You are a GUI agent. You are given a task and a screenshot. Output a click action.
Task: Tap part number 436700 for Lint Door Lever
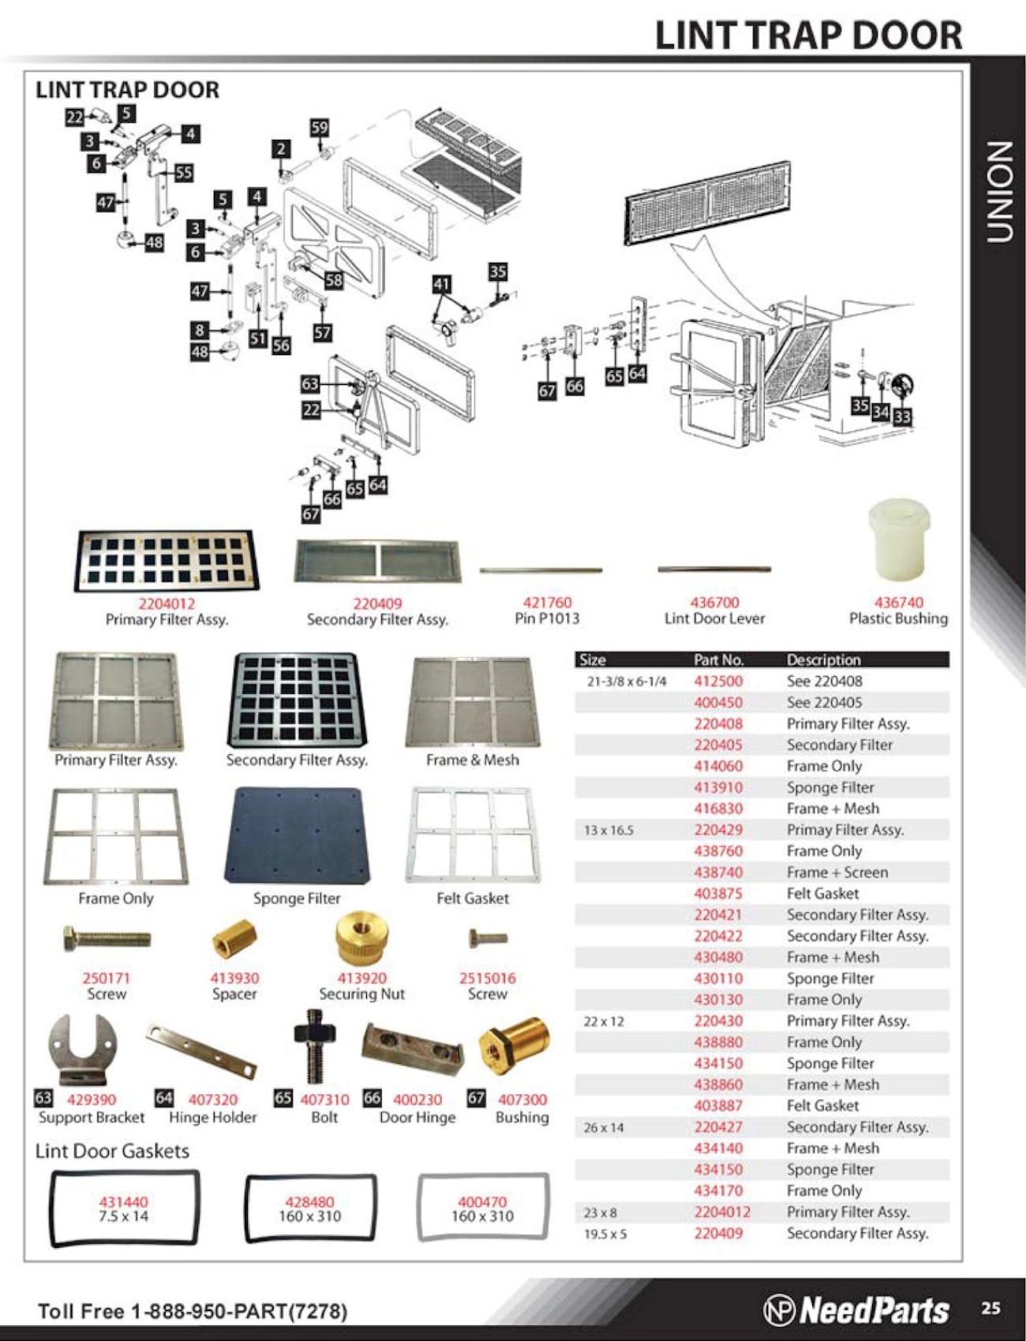[714, 603]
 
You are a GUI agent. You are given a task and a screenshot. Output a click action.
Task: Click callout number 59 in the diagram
[319, 128]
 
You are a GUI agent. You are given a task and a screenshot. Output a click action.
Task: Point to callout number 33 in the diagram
[902, 416]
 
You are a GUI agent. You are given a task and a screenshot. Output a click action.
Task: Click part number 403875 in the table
[717, 894]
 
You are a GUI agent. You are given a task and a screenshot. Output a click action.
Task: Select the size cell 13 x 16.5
[608, 831]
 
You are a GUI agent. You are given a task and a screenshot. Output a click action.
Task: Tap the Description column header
[823, 659]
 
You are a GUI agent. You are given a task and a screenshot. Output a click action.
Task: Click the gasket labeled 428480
[310, 1208]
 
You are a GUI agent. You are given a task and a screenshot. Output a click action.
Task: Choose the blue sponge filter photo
[298, 835]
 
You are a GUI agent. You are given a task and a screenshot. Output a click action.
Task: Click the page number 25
[990, 1308]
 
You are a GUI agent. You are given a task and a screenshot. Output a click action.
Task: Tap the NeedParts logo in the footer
[856, 1309]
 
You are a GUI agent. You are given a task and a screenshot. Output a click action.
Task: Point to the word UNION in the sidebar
[999, 191]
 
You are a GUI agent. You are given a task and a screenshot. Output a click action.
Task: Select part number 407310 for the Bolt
[324, 1100]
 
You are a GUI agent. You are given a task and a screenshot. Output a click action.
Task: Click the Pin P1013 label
[547, 618]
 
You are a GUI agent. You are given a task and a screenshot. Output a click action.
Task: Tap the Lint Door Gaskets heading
[112, 1151]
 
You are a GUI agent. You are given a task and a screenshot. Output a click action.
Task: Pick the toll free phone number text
[192, 1311]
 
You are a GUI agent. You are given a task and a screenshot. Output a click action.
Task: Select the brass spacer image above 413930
[234, 939]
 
